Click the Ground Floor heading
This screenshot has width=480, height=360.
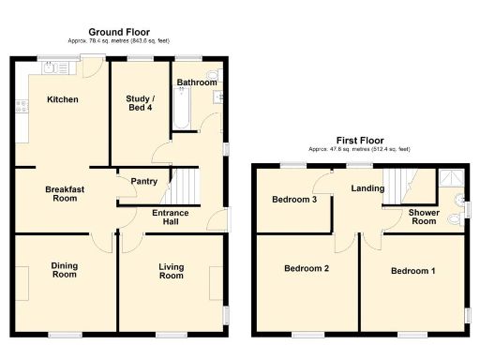click(x=117, y=32)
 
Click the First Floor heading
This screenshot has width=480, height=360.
click(x=359, y=140)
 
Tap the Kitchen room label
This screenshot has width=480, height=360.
click(x=63, y=99)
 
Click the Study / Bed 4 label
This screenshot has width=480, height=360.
click(x=141, y=103)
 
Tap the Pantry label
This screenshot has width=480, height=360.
click(x=143, y=181)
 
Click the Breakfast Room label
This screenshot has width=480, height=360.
click(x=65, y=194)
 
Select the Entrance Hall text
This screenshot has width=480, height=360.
click(x=171, y=218)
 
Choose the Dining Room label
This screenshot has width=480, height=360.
click(x=64, y=270)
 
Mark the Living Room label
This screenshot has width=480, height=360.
click(x=171, y=271)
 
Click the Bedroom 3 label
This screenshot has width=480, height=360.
click(x=293, y=199)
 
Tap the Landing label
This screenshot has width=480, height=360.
click(x=367, y=188)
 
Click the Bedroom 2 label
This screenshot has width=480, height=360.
click(x=307, y=269)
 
